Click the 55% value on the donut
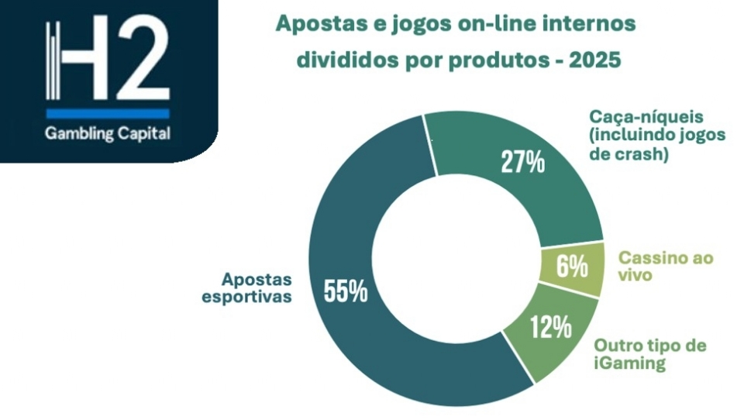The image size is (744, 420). click(x=345, y=292)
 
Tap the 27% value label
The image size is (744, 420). click(x=523, y=163)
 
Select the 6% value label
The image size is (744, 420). click(x=571, y=268)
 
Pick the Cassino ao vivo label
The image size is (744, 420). click(x=665, y=267)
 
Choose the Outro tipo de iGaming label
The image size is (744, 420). click(x=649, y=354)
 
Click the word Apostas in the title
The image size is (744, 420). click(x=314, y=25)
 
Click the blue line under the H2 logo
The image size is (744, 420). click(x=108, y=110)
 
